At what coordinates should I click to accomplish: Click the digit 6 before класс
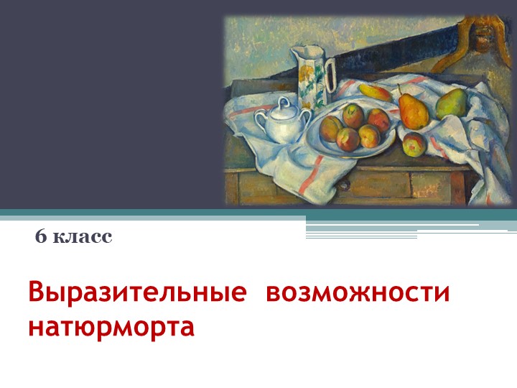40,236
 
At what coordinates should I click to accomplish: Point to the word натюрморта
111,326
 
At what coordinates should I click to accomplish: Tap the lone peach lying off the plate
414,144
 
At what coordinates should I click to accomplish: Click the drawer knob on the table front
344,185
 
